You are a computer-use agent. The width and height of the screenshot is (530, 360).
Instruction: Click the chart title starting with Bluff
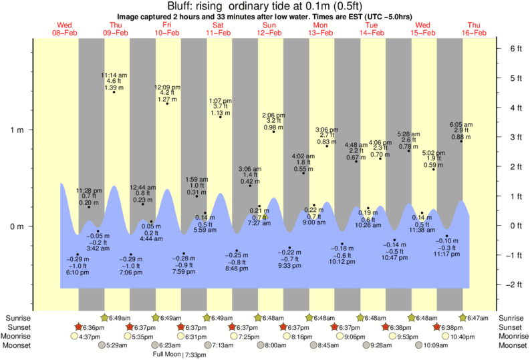265,6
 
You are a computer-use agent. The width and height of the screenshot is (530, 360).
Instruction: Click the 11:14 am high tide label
114,74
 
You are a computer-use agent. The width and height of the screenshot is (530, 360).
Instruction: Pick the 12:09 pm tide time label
167,87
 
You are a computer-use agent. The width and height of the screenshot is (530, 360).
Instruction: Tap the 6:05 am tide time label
461,124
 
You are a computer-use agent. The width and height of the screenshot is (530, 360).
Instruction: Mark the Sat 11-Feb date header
219,29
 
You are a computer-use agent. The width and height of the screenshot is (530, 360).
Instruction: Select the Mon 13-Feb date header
321,29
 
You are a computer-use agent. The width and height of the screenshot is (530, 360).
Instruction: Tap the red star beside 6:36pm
79,327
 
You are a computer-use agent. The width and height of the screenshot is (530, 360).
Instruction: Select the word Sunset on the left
18,327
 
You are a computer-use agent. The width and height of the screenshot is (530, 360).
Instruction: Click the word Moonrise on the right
510,337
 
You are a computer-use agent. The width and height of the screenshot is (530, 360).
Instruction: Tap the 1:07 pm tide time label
221,100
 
